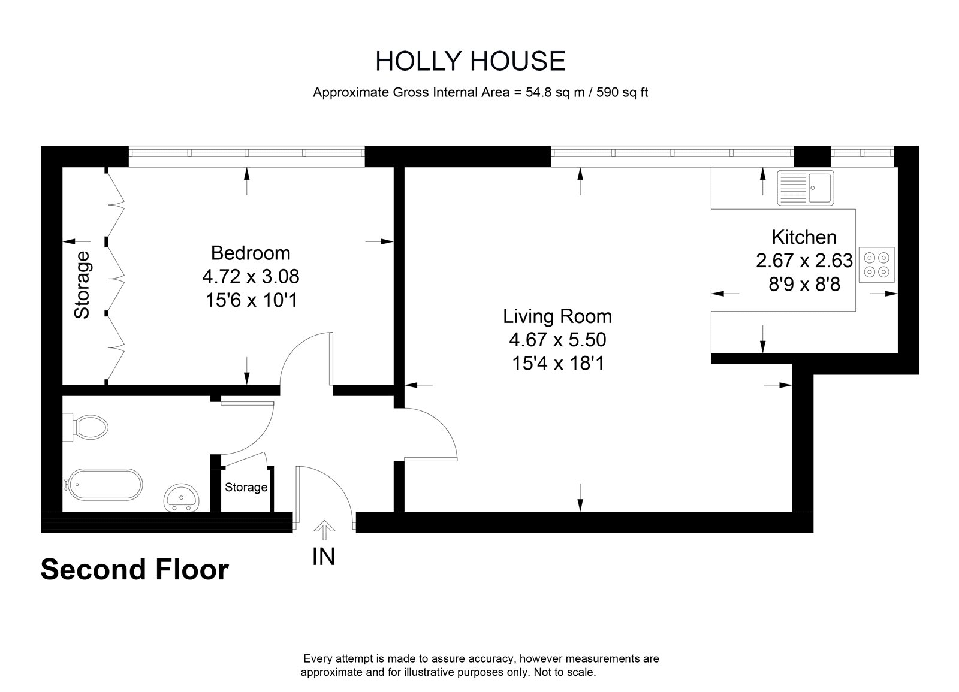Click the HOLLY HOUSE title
[x=471, y=61]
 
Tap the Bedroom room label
[x=251, y=253]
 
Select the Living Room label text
[x=557, y=316]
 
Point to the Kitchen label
[x=804, y=237]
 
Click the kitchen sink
[x=806, y=188]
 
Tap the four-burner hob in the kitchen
[x=876, y=264]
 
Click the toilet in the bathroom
[x=86, y=427]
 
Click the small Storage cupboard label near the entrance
[x=246, y=487]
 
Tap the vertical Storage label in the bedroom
[x=82, y=285]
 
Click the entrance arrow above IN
[x=324, y=530]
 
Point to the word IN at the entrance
[x=323, y=557]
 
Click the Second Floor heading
[x=135, y=570]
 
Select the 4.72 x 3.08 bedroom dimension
[x=251, y=276]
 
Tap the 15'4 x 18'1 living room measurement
[x=558, y=363]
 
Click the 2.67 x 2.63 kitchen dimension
[x=804, y=260]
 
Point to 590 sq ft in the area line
[x=622, y=92]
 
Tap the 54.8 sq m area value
[x=555, y=92]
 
